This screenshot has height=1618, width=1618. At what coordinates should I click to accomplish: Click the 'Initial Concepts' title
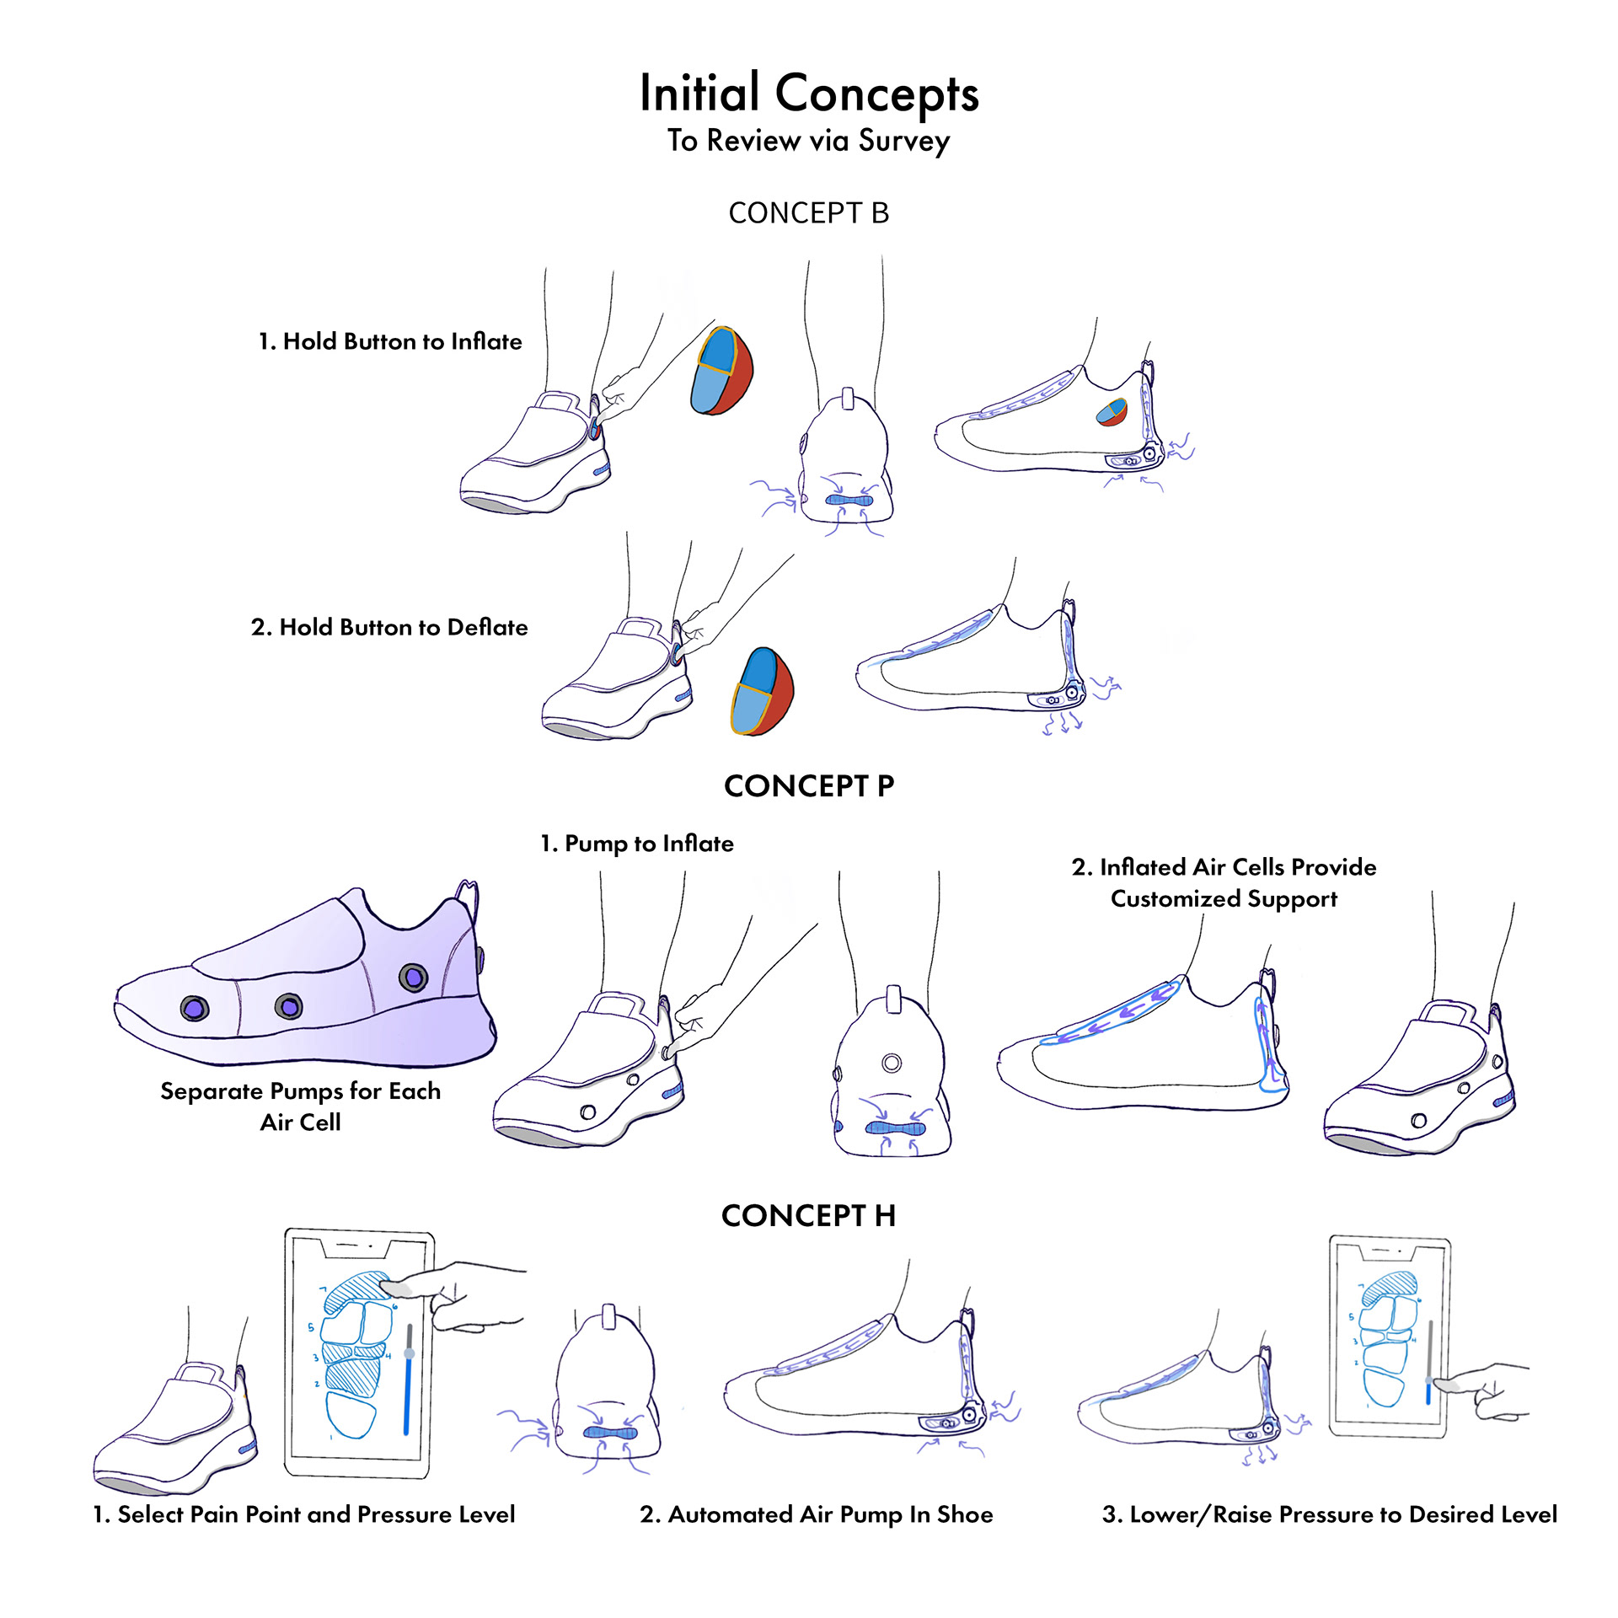pos(809,93)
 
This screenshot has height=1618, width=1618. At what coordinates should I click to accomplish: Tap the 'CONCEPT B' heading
pos(809,213)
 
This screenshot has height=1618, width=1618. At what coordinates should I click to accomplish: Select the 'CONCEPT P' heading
pos(809,786)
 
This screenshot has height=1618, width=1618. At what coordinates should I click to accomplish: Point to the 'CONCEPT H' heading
pos(809,1216)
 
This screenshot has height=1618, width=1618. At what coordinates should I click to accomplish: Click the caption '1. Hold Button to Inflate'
pos(390,341)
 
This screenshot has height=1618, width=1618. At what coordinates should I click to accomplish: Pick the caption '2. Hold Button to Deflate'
pos(389,627)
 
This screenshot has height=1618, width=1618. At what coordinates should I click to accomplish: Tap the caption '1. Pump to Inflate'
pos(637,844)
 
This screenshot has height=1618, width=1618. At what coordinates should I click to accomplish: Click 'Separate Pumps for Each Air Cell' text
pos(301,1106)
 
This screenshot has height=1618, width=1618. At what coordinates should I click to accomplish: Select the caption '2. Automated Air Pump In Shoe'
pos(817,1514)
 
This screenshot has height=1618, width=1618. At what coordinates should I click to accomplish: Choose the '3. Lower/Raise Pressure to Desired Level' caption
pos(1330,1514)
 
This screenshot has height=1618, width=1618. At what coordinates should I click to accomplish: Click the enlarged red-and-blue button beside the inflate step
pos(721,371)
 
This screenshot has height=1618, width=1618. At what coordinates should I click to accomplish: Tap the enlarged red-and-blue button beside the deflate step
pos(763,691)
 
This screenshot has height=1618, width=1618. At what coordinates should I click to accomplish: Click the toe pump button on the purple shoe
pos(195,1008)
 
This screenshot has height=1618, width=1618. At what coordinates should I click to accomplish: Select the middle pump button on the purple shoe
pos(289,1006)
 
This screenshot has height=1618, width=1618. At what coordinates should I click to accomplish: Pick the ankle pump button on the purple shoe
pos(413,978)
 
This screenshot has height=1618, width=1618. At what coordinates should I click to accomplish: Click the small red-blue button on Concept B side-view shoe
pos(1112,412)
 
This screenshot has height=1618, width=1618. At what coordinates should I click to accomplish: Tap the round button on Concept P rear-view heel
pos(892,1063)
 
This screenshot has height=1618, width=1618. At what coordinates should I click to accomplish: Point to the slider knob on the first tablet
pos(410,1353)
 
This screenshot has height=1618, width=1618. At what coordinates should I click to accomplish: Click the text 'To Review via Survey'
pos(809,141)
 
